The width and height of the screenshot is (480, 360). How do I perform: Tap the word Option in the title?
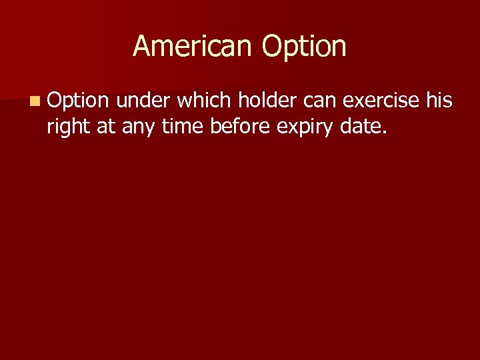pos(304,47)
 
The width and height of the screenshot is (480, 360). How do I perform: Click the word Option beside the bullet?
pos(77,101)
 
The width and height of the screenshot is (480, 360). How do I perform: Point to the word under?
pos(143,101)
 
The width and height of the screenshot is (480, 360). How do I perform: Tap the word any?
pos(138,125)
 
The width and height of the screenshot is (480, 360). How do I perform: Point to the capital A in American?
pos(141,46)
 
